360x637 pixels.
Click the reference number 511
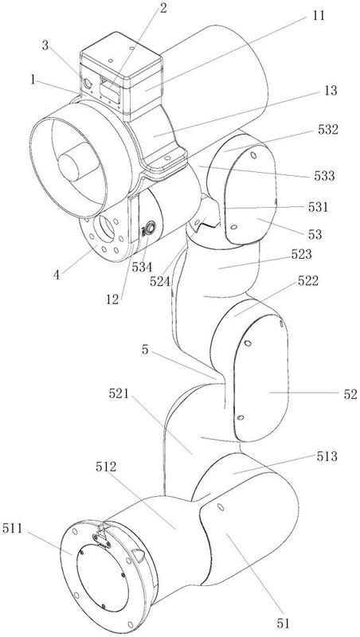click(x=13, y=529)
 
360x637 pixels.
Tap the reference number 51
click(x=283, y=623)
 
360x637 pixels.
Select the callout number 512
click(x=106, y=467)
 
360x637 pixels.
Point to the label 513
click(x=327, y=456)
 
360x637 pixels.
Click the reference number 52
click(x=350, y=393)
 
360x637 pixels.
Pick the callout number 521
click(x=119, y=393)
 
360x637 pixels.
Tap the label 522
click(x=307, y=281)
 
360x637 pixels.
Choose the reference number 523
click(x=302, y=254)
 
